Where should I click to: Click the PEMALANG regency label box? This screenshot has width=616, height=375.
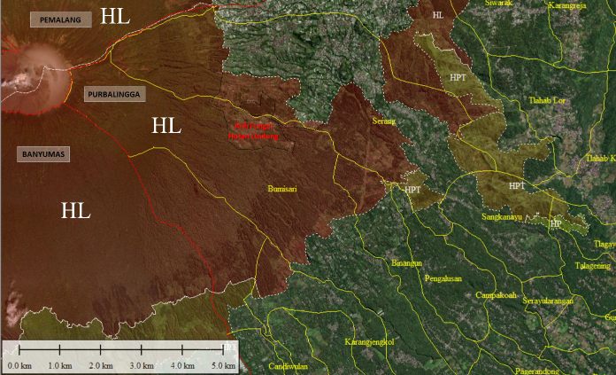click(x=59, y=20)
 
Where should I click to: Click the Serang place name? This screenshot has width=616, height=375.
click(x=384, y=121)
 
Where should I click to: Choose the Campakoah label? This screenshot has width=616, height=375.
click(x=496, y=295)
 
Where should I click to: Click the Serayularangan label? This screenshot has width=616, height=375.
click(x=548, y=301)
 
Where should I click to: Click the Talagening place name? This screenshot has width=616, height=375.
click(x=593, y=265)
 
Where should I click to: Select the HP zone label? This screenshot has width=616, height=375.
click(x=555, y=223)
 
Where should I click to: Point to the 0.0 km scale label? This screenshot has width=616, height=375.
click(x=19, y=364)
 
